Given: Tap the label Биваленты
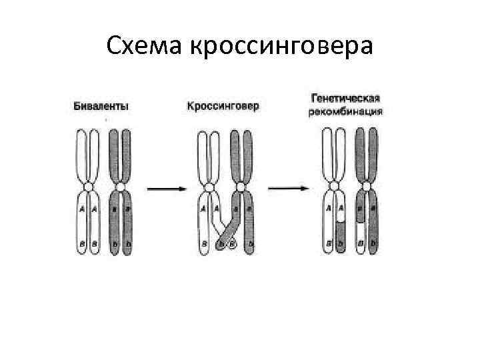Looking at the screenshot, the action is point(101,106).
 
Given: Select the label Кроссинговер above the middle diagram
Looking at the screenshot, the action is point(223,106).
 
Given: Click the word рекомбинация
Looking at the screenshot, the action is point(345,111).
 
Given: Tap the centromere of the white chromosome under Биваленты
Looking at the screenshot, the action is point(87,189).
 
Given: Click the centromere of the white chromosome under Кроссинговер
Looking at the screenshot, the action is point(209,189).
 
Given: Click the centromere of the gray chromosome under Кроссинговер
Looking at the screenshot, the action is point(241,189).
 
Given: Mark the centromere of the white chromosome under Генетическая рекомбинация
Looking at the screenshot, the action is point(334,189).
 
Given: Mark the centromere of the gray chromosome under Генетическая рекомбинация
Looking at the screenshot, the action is point(367,189).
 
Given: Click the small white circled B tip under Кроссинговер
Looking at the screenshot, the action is point(233,245).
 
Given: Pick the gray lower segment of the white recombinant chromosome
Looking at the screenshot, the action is point(340,237).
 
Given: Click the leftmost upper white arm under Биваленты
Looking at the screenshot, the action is point(81,157).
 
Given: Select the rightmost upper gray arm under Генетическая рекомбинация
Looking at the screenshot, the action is point(373,157).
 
